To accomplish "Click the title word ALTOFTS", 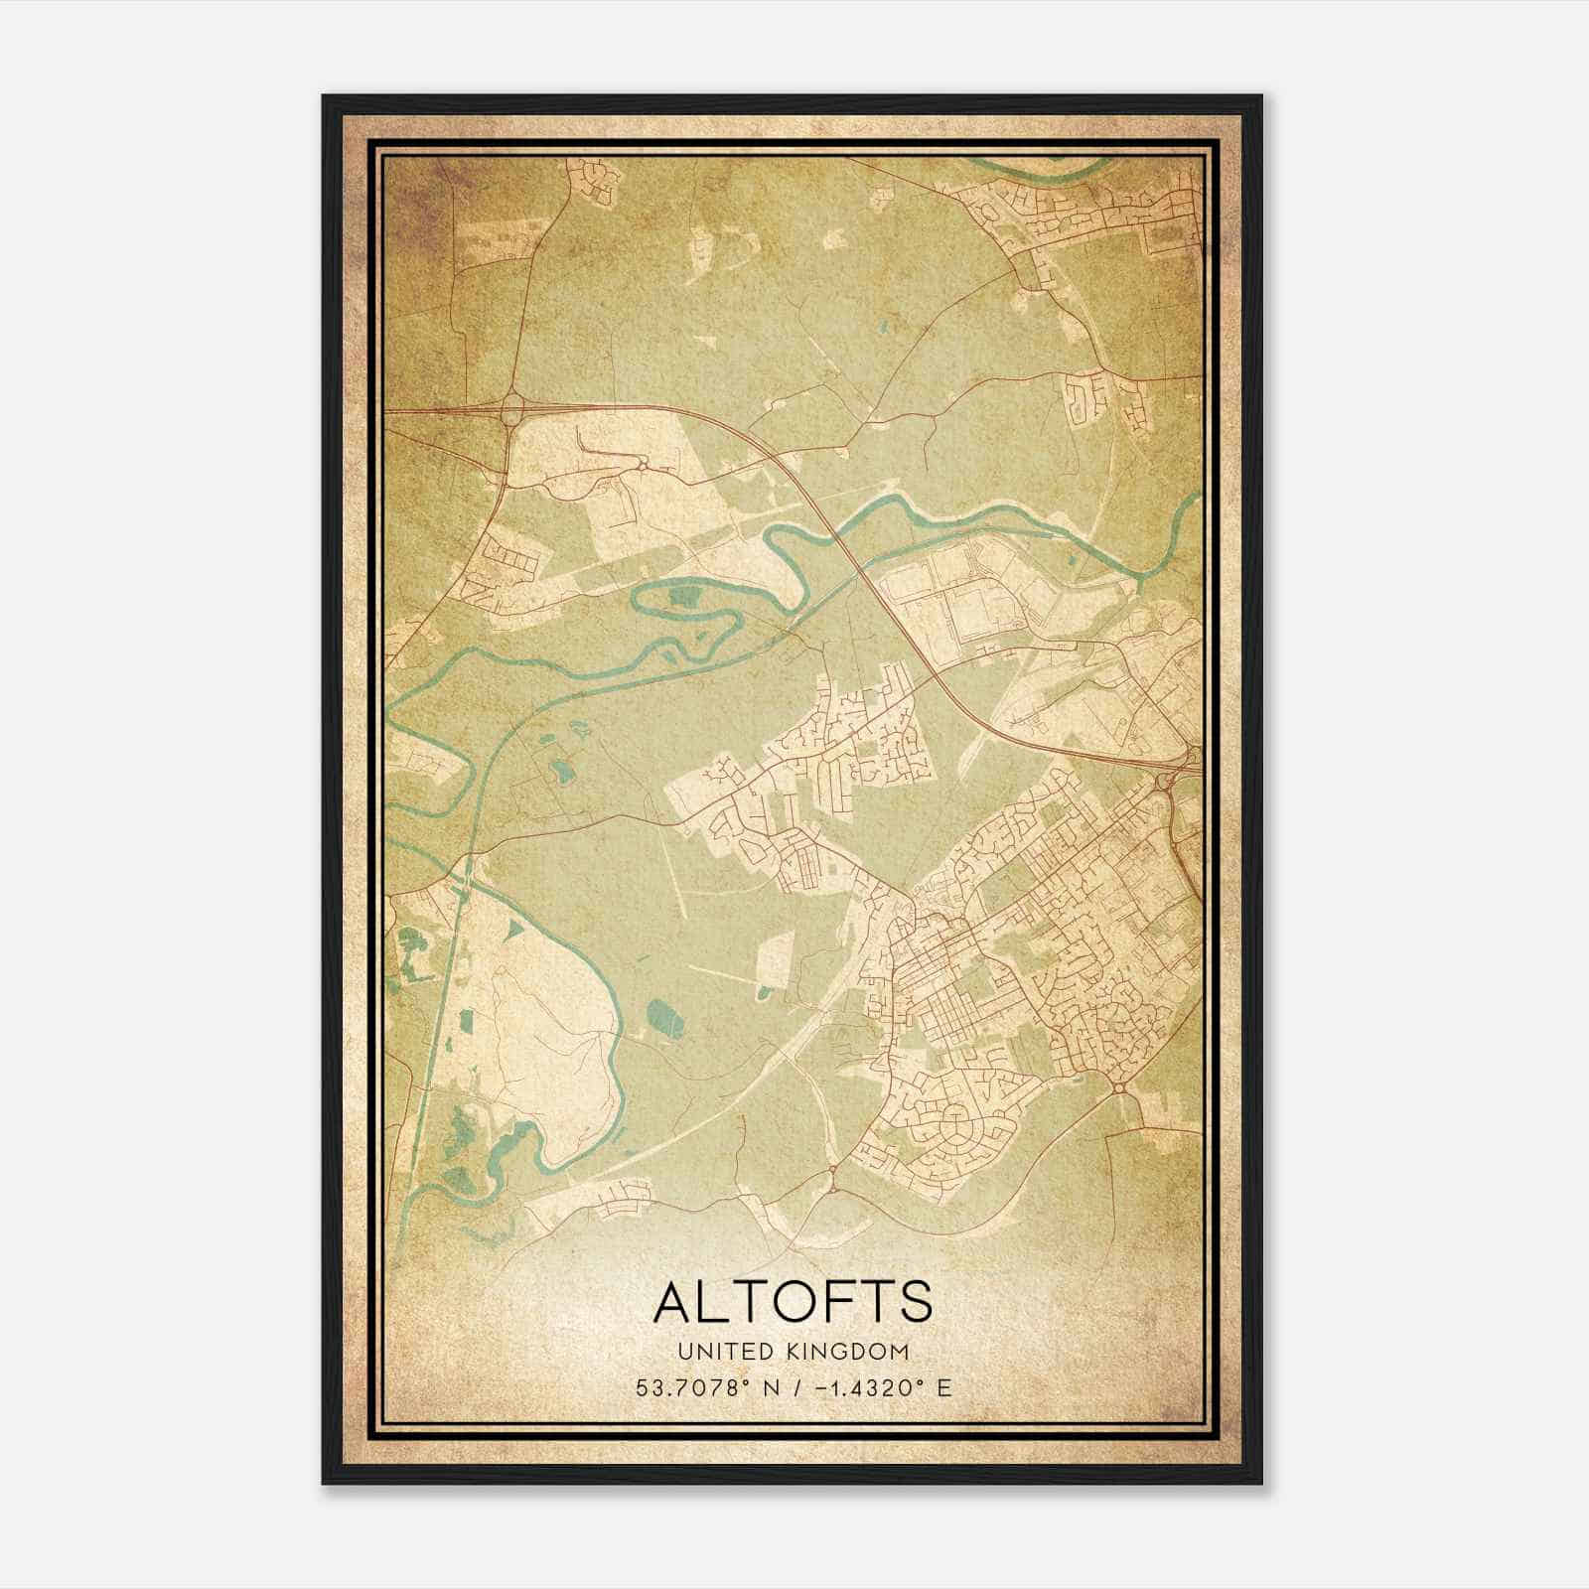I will coord(793,1302).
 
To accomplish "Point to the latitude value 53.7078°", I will coord(692,1387).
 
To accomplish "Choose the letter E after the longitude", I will coord(943,1387).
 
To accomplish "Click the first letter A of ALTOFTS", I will coord(674,1302).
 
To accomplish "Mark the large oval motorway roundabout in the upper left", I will coord(513,408).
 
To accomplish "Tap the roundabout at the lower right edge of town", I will coord(1119,1089).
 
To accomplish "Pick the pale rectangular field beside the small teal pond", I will coord(772,961).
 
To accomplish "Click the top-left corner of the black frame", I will coord(324,96).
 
